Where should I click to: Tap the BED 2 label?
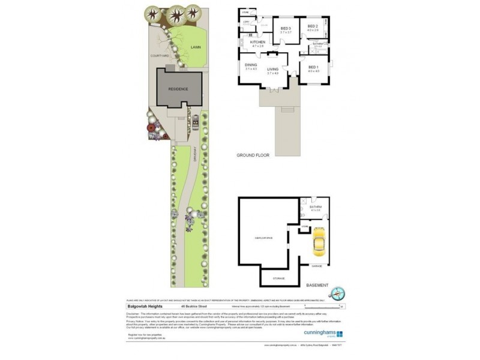[313, 27]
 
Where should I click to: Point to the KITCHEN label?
[257, 42]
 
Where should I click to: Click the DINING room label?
[251, 65]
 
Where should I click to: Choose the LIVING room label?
[273, 70]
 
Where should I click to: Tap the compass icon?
[338, 293]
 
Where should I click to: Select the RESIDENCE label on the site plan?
[178, 89]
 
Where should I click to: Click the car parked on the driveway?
[195, 124]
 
